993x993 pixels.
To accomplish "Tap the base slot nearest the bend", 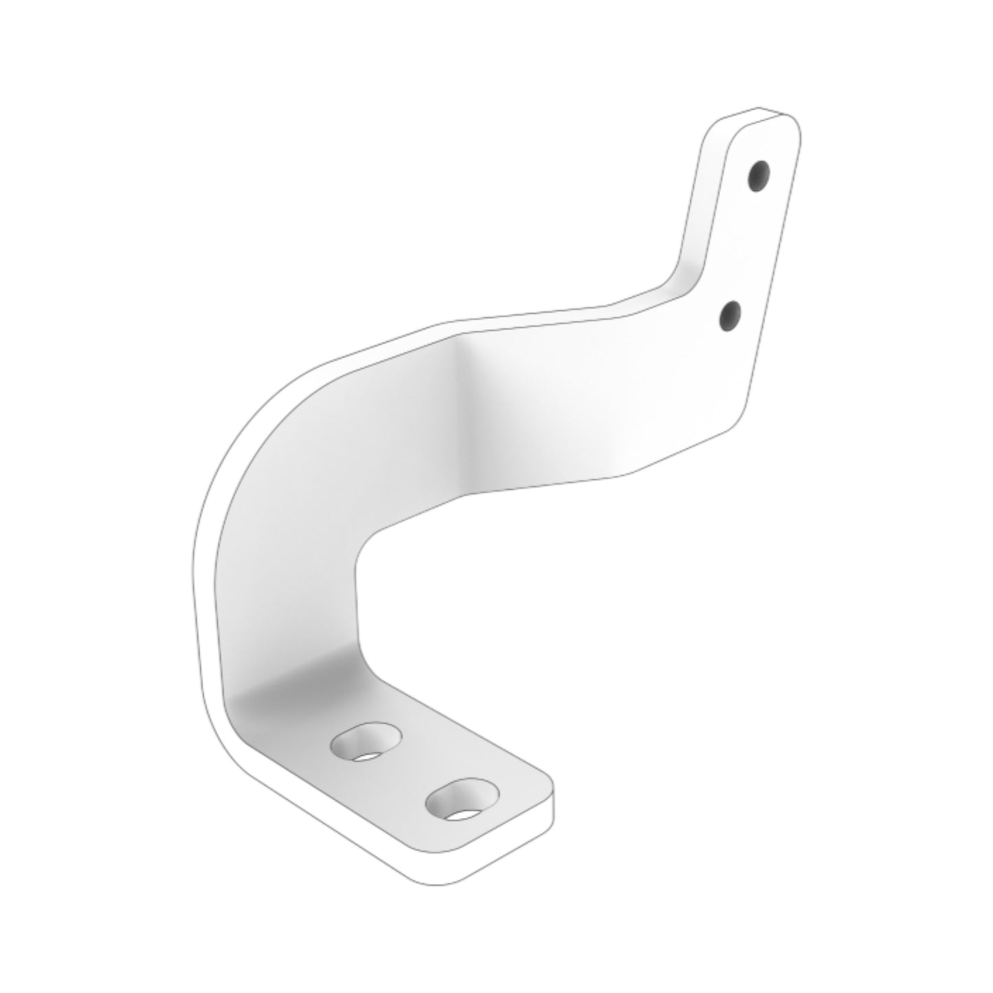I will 365,741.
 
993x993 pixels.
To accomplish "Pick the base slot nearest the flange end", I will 462,799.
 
